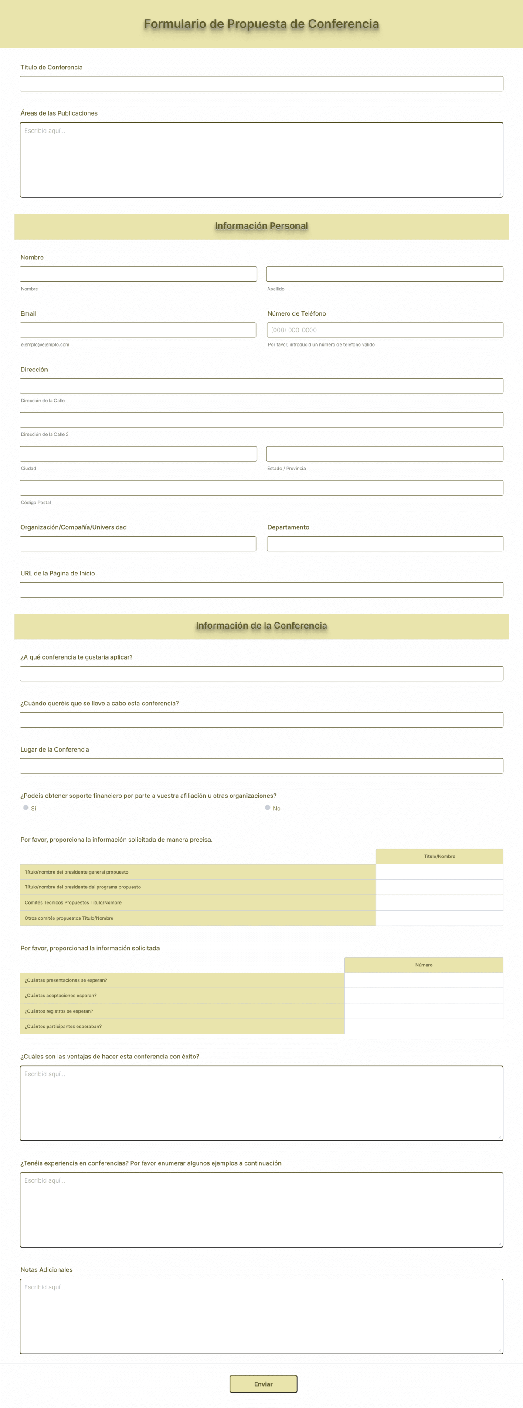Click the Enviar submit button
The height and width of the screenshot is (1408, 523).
pos(263,1384)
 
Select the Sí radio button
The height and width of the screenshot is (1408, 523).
pos(26,807)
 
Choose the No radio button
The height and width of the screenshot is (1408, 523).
pos(268,807)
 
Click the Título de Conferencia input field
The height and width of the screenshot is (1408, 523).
pos(261,84)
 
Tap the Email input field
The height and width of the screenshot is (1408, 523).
pos(138,330)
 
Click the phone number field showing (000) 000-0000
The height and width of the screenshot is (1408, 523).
pos(385,330)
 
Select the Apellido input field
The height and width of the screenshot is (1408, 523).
pos(384,274)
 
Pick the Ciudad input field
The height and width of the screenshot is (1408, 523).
pos(138,454)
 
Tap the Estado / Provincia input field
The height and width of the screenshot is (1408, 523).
pos(384,454)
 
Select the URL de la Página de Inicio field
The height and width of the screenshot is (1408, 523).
pos(261,590)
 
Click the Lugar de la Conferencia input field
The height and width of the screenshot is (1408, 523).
pos(261,766)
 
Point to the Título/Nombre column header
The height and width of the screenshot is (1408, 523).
pos(439,856)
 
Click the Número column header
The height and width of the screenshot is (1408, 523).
pos(424,965)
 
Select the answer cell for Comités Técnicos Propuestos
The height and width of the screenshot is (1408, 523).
pos(439,902)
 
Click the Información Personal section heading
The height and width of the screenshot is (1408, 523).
pos(261,226)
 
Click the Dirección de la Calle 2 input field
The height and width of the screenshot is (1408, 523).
pos(261,420)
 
